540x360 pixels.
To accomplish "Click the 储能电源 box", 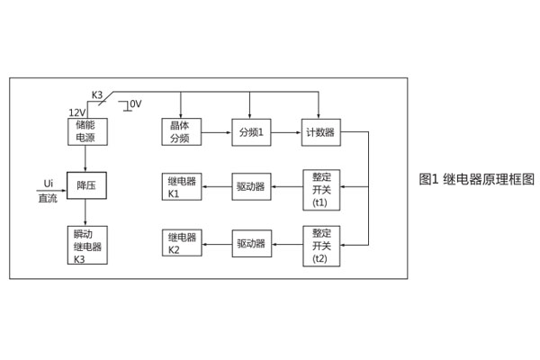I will tap(86, 131).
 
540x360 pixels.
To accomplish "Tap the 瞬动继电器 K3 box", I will tap(86, 245).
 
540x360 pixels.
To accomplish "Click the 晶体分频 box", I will tap(181, 131).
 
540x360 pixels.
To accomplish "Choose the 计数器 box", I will tap(320, 132).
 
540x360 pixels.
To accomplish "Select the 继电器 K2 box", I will tap(181, 243).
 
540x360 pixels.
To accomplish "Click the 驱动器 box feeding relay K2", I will tap(251, 243).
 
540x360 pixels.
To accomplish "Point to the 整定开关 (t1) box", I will tap(320, 189).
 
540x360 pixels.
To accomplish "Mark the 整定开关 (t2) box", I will tap(320, 245).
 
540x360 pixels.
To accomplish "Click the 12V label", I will tap(76, 112).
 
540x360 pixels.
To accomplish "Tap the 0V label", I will tap(136, 104).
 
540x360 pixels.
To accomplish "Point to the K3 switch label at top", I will tap(97, 94).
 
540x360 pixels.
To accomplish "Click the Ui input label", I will tap(48, 184).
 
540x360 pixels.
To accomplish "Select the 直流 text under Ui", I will tap(48, 198).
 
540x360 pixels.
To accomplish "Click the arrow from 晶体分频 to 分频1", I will tap(217, 132).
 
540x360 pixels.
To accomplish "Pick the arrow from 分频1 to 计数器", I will tap(286, 132).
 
